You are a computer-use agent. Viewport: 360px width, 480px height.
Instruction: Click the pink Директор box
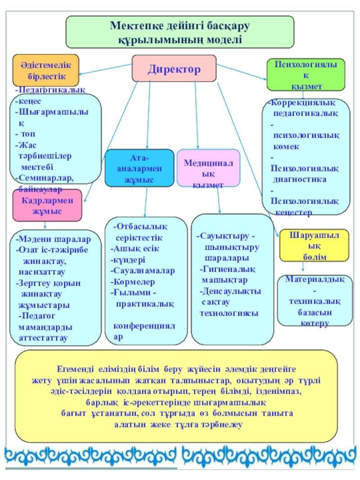pos(174,68)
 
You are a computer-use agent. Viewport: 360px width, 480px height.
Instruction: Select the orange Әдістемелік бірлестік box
pos(46,70)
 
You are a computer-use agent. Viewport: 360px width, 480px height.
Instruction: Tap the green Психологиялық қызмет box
pos(306,75)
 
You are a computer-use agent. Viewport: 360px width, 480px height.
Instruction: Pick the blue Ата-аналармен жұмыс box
pos(139,168)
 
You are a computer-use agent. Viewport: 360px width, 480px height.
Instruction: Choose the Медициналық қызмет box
pos(208,168)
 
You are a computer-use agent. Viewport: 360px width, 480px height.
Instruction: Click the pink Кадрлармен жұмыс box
pos(47,205)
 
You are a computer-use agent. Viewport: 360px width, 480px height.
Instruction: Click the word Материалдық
pos(315,279)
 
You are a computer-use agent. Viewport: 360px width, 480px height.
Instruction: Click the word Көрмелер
pos(135,282)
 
